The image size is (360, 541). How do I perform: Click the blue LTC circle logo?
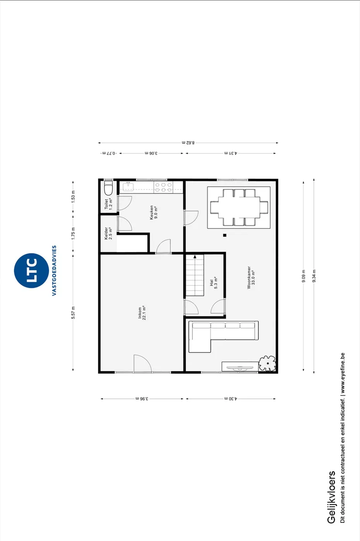coord(31,270)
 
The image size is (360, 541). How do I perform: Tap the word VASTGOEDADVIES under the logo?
coord(54,270)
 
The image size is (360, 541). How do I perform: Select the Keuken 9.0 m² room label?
coord(154,213)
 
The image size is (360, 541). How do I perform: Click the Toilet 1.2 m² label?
coord(108,204)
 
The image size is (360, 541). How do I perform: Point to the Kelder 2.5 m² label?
coord(108,233)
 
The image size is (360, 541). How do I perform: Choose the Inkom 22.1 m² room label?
coord(142,313)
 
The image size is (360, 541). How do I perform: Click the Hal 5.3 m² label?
coord(213,282)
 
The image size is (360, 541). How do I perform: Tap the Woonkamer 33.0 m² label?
coord(251,278)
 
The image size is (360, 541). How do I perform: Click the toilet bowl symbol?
coord(109,188)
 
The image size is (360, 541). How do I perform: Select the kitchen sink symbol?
coord(128,186)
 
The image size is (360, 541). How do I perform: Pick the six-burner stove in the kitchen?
coord(163,187)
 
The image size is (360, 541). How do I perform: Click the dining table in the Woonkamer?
coord(239,208)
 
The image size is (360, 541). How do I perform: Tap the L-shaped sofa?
coord(224,337)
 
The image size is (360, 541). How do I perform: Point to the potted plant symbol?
coord(268,363)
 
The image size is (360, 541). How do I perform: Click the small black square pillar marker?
coord(225,235)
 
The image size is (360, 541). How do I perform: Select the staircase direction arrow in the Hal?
coord(195,257)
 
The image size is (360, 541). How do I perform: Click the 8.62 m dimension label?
coord(188,143)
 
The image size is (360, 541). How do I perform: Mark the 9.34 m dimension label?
coord(314,276)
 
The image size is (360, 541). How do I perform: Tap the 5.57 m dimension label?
coord(73,313)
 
